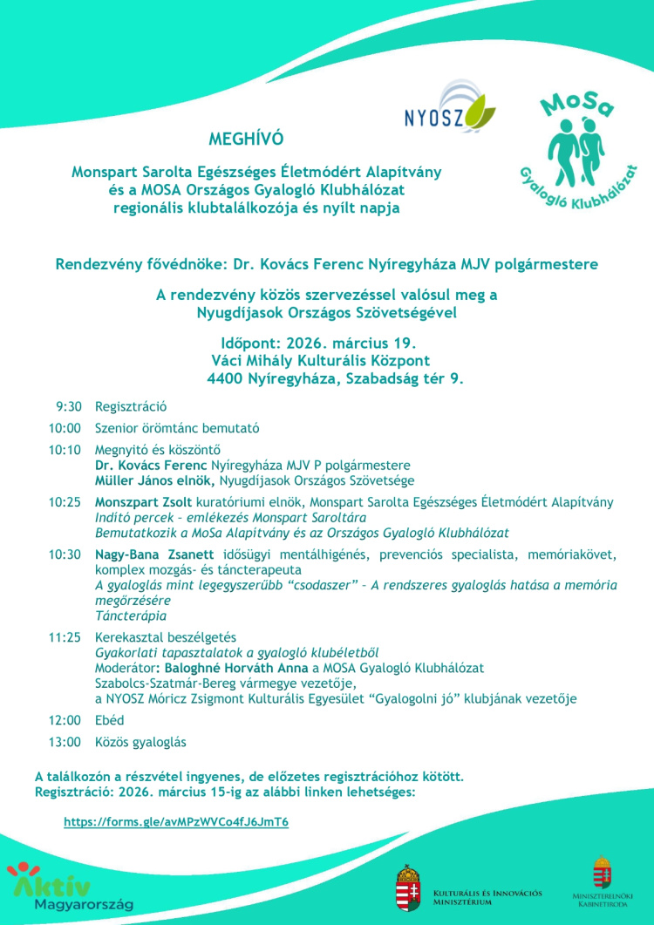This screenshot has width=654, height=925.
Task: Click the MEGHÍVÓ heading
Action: click(x=246, y=139)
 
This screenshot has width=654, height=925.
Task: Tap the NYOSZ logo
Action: click(x=449, y=110)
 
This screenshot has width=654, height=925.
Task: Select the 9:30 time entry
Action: click(x=69, y=406)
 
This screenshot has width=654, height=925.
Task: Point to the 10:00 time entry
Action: click(x=65, y=428)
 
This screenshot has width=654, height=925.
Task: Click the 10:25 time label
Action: click(x=65, y=502)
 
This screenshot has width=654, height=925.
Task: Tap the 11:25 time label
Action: click(x=65, y=637)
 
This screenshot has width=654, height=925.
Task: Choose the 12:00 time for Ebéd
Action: click(x=65, y=720)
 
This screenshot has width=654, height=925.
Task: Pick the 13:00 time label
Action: click(x=65, y=742)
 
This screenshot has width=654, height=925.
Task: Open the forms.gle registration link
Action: click(x=176, y=822)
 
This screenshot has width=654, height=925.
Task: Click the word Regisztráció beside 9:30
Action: click(x=131, y=406)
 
